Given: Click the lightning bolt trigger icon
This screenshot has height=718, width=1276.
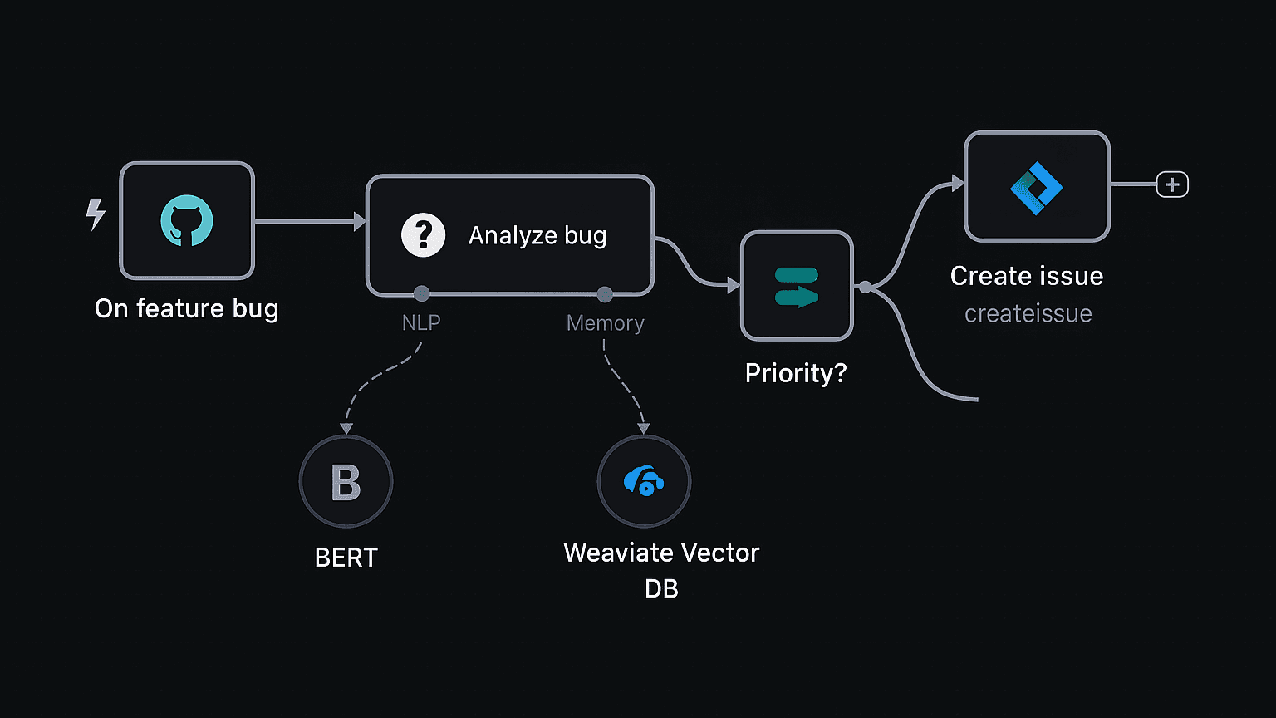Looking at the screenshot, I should tap(96, 214).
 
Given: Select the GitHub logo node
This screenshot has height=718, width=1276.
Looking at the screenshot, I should tap(187, 221).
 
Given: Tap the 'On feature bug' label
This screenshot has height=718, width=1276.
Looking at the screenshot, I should tap(186, 308).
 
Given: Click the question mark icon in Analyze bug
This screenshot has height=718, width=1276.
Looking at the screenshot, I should tap(424, 235).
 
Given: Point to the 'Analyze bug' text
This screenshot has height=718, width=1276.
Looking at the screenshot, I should tap(537, 235).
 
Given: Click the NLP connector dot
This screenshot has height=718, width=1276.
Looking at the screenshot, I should tap(422, 293).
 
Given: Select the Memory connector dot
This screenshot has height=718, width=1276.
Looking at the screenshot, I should tap(605, 294).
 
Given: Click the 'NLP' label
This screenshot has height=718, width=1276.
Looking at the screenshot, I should tap(421, 322).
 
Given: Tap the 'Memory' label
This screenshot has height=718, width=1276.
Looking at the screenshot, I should tap(605, 323).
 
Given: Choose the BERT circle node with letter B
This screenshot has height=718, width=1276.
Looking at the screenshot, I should tap(346, 482).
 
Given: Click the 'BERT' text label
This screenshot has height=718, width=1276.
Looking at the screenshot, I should tap(346, 558).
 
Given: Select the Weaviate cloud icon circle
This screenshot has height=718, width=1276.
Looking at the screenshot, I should tap(644, 481).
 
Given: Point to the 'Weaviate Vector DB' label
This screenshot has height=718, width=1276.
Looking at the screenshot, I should tap(661, 570).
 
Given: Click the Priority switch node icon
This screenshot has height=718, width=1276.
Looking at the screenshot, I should tap(797, 286).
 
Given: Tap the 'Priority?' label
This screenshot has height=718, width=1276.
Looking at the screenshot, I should tap(796, 373).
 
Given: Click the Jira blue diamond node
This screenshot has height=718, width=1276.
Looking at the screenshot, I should tap(1037, 187).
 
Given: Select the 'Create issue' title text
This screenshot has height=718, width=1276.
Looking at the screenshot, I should tap(1027, 276).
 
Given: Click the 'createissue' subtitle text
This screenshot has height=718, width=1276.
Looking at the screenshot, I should tap(1028, 314).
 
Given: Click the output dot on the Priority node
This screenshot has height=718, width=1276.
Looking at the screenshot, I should tap(866, 287).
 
